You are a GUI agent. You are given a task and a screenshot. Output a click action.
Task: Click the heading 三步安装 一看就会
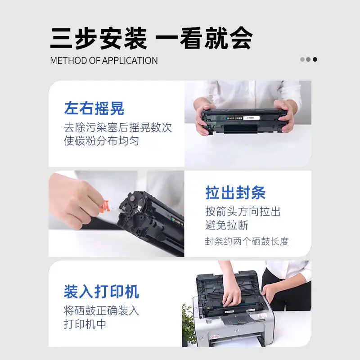click(151, 38)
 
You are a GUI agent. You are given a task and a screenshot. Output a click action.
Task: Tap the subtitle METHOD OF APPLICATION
click(104, 61)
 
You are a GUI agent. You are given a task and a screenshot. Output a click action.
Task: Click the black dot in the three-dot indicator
click(315, 59)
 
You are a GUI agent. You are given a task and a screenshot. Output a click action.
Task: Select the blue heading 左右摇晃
click(94, 108)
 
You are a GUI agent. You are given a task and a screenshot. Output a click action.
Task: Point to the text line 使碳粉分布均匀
click(102, 141)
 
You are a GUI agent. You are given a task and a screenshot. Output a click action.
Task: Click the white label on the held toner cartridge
click(252, 118)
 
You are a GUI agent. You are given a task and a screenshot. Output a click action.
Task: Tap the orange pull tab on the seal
click(105, 207)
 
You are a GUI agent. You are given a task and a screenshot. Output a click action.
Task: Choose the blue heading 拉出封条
click(235, 193)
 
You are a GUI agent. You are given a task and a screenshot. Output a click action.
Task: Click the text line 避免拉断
click(227, 225)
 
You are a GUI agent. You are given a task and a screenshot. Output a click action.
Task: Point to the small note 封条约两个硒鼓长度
click(247, 242)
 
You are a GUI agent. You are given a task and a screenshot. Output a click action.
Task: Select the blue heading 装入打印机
click(102, 292)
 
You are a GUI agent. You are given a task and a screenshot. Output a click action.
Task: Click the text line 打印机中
click(85, 324)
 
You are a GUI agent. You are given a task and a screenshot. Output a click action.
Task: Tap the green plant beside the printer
click(189, 324)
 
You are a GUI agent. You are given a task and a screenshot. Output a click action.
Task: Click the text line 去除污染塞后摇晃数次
click(118, 127)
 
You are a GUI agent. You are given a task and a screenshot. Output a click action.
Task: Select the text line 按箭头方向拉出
click(243, 211)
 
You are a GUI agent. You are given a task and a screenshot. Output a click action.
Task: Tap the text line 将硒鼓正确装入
click(102, 310)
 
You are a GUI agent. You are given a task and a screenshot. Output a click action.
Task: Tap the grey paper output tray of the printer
click(237, 319)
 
